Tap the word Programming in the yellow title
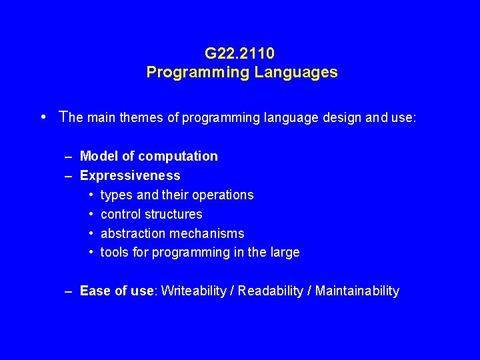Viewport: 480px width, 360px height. click(x=198, y=72)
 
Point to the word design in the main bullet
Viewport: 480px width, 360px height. click(x=323, y=118)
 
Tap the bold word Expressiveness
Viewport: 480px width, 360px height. click(x=130, y=175)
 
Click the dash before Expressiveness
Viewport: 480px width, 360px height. click(x=69, y=175)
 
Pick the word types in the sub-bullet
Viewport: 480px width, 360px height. click(x=117, y=195)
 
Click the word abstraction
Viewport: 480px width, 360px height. click(x=130, y=233)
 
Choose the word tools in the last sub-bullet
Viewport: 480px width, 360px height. click(x=114, y=253)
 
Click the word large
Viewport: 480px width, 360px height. click(x=283, y=253)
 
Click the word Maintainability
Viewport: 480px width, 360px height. click(x=357, y=291)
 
